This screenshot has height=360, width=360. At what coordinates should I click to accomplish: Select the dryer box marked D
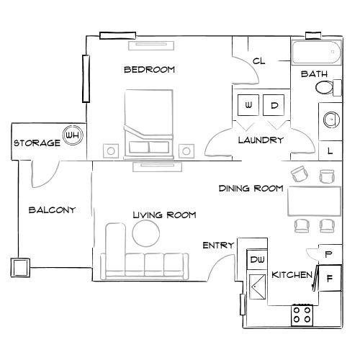[274, 105]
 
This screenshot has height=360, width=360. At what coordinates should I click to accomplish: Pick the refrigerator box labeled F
[329, 277]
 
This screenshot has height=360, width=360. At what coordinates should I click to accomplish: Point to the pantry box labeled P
[328, 254]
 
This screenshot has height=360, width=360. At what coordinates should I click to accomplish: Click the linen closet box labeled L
[329, 150]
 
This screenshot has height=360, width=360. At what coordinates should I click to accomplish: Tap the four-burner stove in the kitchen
[303, 314]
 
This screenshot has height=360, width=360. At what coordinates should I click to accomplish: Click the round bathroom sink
[330, 120]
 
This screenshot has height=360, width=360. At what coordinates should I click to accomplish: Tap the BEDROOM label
[150, 70]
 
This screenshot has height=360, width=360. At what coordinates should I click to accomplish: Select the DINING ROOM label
[251, 189]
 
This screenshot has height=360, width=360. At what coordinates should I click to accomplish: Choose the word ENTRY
[218, 246]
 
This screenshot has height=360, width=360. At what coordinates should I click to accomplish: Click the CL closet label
[259, 62]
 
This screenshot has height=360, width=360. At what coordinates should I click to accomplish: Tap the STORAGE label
[36, 143]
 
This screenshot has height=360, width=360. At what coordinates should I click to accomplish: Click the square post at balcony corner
[19, 268]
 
